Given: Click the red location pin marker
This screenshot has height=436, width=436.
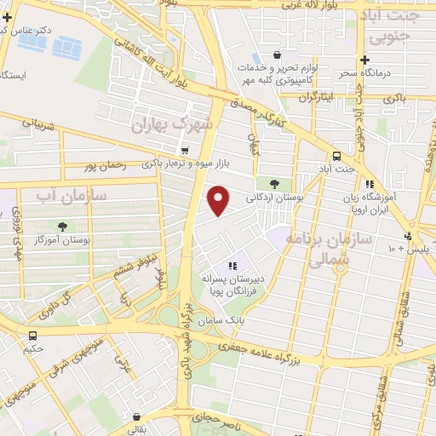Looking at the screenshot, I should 219,200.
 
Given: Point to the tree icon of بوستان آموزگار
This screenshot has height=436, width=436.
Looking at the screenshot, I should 62,226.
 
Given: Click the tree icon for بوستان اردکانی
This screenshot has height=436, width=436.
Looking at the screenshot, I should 273,182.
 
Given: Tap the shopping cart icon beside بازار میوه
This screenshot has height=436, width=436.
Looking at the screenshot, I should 185,151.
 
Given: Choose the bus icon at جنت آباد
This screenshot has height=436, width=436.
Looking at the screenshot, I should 336,156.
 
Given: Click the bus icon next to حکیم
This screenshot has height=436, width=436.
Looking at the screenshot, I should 32,336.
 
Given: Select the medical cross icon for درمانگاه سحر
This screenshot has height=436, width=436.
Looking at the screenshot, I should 364,60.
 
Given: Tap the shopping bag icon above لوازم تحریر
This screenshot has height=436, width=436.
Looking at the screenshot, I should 278,54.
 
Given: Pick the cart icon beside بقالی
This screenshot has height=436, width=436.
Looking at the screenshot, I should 136,417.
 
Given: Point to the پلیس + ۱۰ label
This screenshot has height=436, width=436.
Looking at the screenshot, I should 398,249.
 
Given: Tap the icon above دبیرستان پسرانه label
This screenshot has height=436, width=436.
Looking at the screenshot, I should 232,267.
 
